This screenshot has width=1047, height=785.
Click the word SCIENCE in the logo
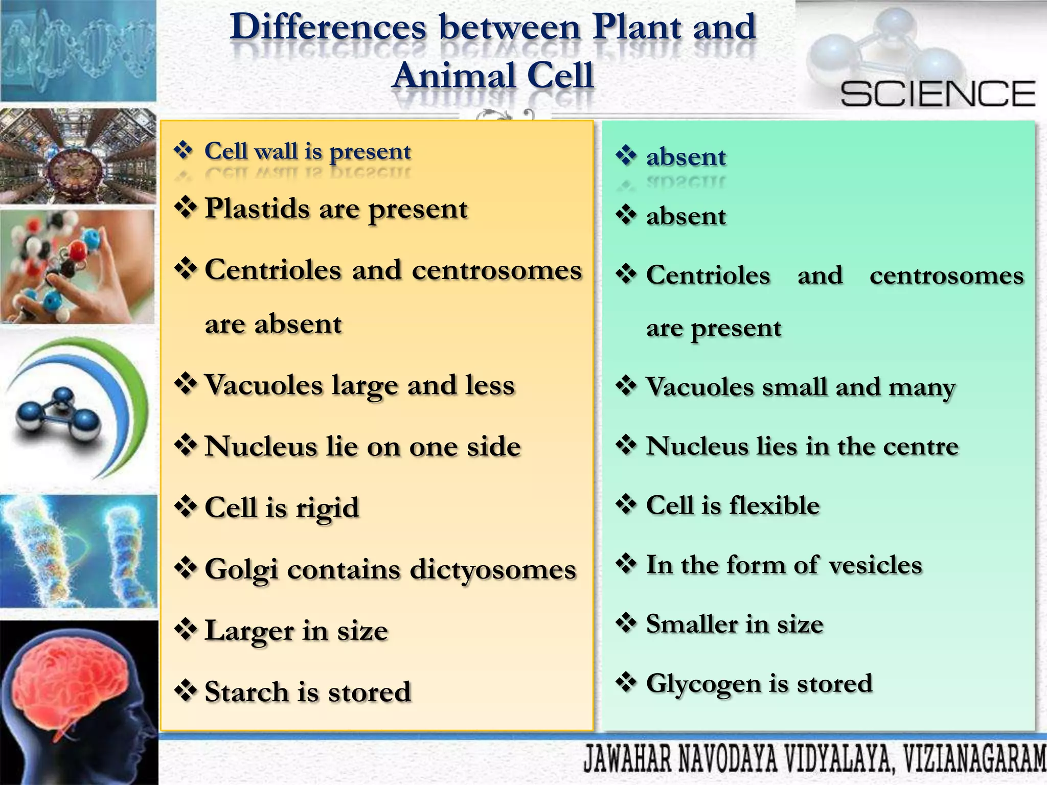[x=938, y=94]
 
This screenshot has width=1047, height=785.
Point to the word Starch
[x=246, y=692]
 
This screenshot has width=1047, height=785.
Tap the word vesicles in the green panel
[x=875, y=565]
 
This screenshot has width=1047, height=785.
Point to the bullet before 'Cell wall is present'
[x=184, y=150]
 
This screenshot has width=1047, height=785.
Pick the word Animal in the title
[x=454, y=76]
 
